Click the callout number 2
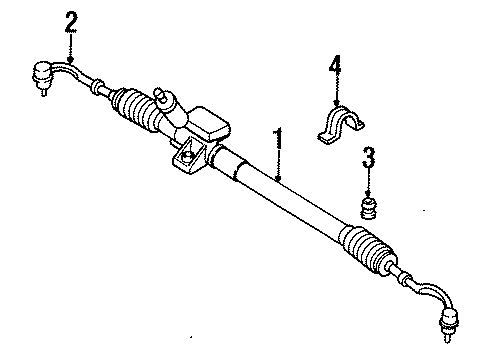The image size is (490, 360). [x=70, y=20]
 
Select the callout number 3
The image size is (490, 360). [x=368, y=157]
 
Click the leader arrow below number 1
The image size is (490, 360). [x=281, y=172]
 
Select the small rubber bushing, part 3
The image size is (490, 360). [x=368, y=207]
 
